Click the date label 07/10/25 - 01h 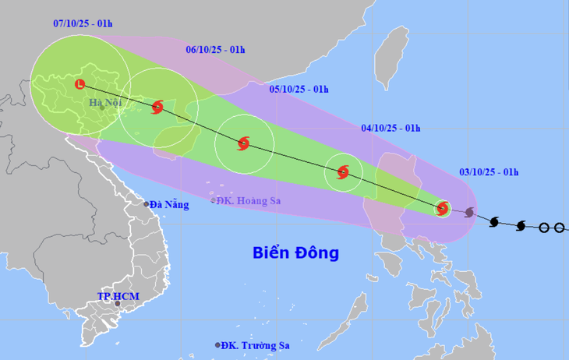(x=82, y=23)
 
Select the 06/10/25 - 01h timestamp (x=216, y=50)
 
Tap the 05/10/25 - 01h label (x=299, y=89)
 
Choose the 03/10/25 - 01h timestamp (x=489, y=172)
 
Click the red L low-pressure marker (x=79, y=84)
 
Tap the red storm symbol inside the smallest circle (x=442, y=208)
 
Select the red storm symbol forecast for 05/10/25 (x=243, y=143)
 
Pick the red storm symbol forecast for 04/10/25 (x=343, y=172)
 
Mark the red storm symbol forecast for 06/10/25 (x=158, y=107)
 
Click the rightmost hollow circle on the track (x=559, y=228)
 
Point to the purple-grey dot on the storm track (x=469, y=212)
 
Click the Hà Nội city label (x=105, y=103)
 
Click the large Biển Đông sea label (x=295, y=252)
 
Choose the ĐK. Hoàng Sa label (x=250, y=200)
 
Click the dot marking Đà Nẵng (x=146, y=204)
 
